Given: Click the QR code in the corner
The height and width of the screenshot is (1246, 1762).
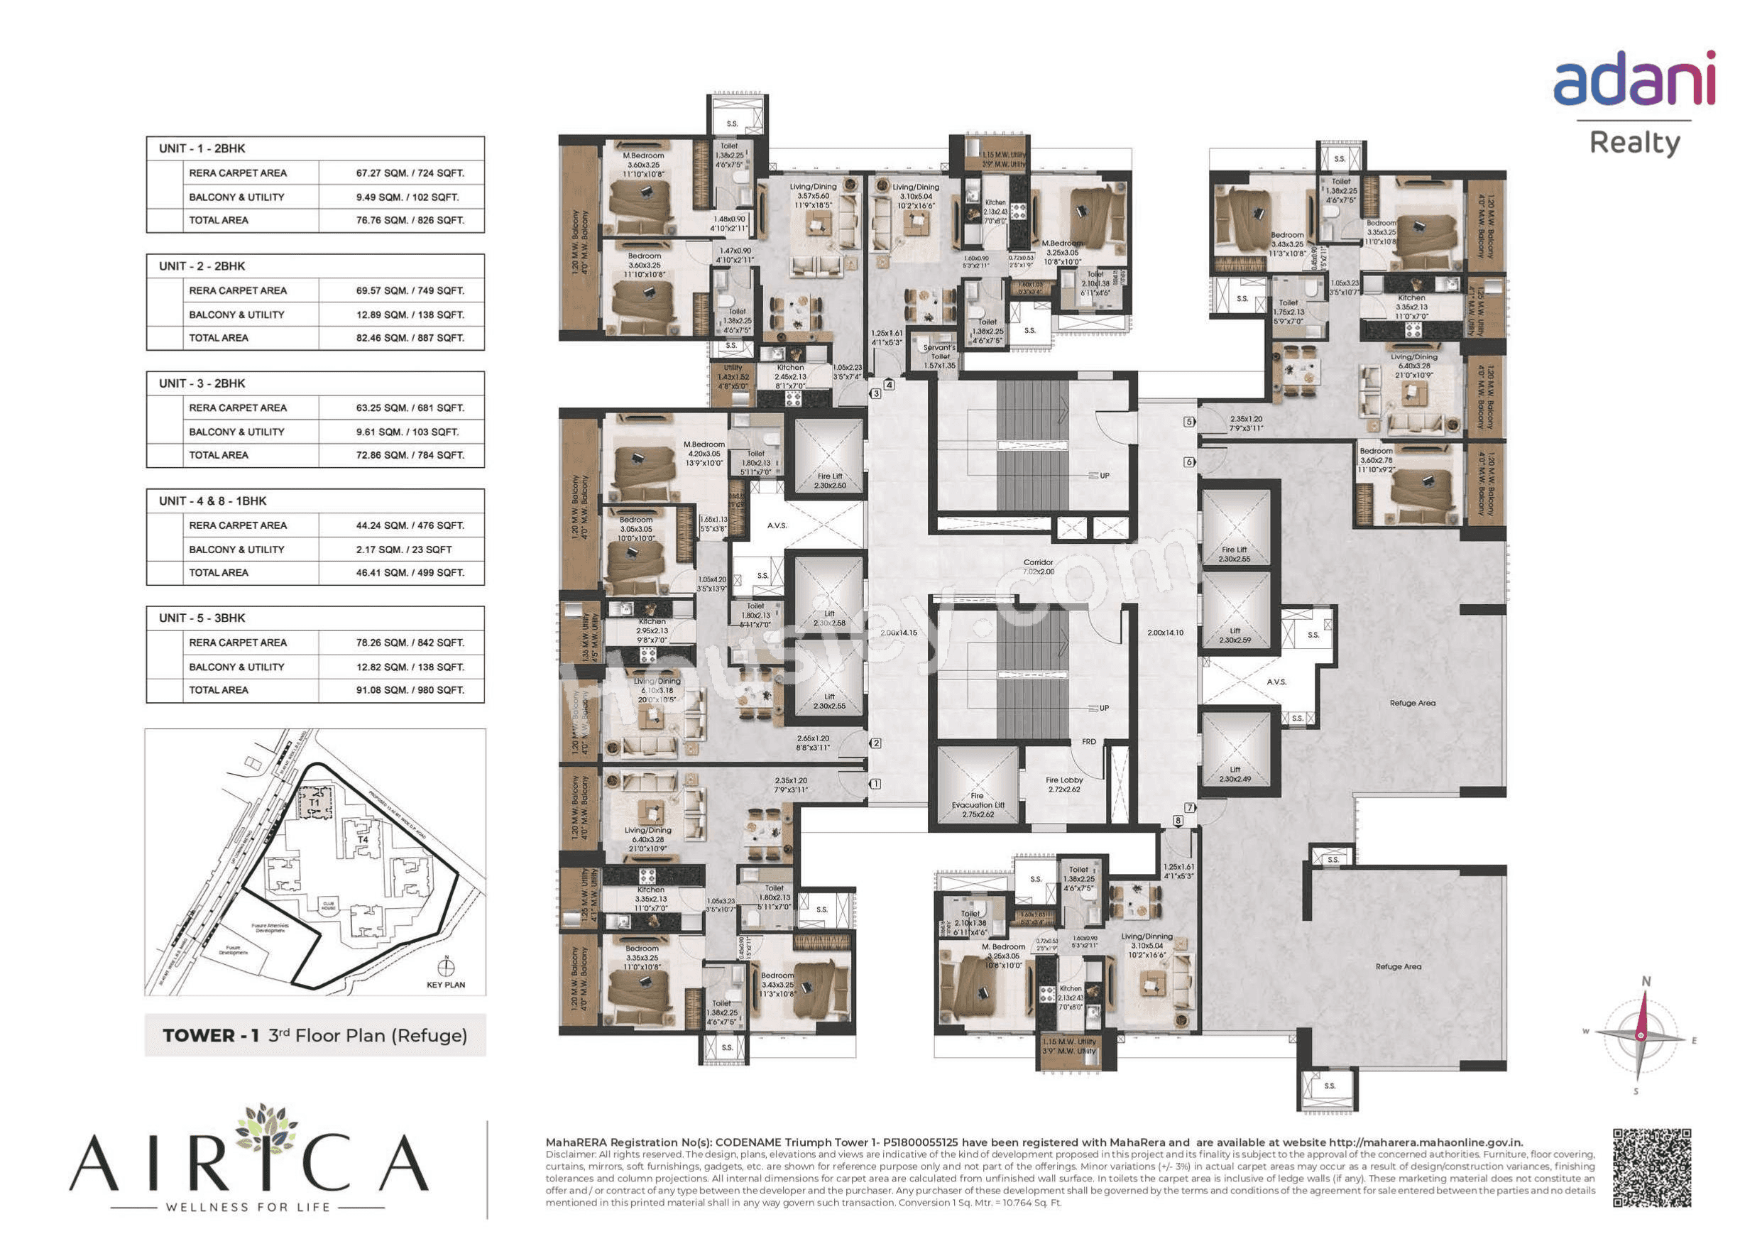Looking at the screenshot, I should (1651, 1168).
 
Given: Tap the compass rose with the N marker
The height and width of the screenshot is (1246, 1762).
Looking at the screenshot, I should (1641, 1036).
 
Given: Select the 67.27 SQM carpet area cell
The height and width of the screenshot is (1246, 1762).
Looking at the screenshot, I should (409, 173).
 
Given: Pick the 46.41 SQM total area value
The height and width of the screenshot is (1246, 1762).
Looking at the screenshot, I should (409, 573).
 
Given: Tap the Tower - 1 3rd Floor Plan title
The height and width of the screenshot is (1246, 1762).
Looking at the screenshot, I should (314, 1036).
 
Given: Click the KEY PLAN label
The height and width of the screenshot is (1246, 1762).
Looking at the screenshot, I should (445, 985).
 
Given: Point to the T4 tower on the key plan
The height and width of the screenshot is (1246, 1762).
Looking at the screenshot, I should (363, 839).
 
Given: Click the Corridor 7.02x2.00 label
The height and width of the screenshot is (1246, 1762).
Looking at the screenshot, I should (1039, 567).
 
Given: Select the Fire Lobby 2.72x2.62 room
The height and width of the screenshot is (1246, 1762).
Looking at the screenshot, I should (1063, 784).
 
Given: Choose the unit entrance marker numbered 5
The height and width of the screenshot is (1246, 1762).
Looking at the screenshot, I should (1188, 422).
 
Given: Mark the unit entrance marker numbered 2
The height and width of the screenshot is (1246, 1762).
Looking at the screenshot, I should (875, 743).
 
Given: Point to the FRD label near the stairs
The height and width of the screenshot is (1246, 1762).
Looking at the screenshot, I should (1088, 742).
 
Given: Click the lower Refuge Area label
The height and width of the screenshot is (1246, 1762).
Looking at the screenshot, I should (1398, 966).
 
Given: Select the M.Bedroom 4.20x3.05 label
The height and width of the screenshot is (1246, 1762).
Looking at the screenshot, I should (703, 453).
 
